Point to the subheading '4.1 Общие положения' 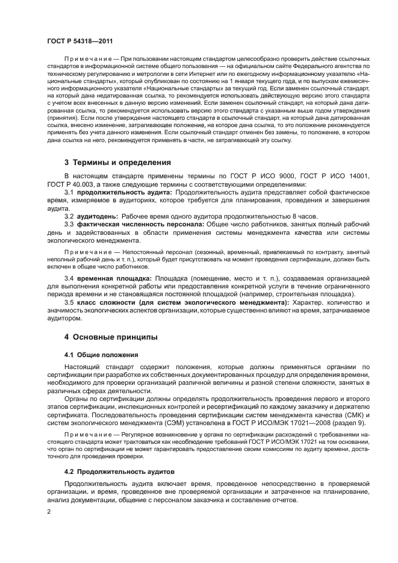tap(101, 354)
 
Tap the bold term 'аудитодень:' tap(96, 216)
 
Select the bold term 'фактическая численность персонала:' tap(140, 224)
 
